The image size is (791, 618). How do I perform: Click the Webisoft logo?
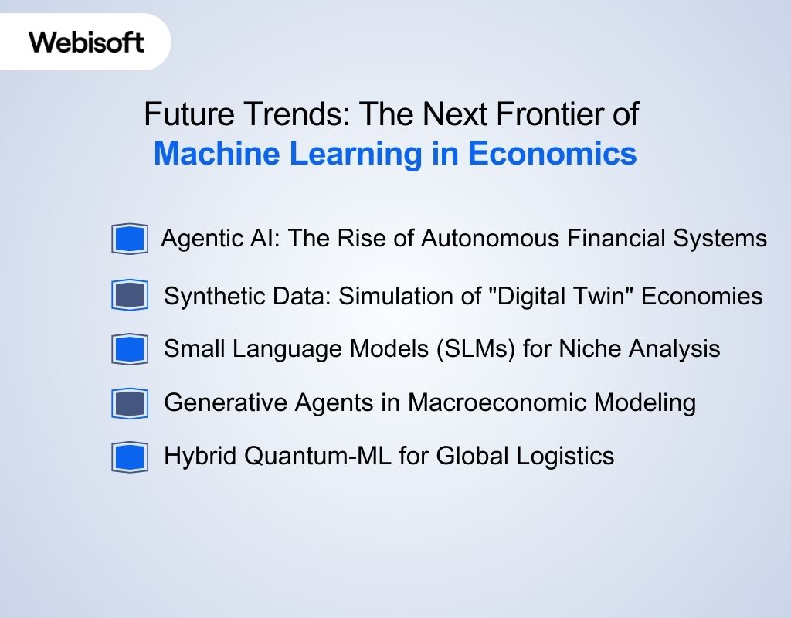87,42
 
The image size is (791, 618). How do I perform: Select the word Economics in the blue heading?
552,153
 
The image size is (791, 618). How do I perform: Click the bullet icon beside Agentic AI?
129,239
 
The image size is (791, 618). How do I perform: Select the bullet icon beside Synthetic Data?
129,295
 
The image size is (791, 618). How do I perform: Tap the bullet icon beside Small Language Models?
129,349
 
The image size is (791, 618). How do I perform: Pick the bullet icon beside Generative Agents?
129,403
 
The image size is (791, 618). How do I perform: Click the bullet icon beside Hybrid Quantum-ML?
129,457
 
